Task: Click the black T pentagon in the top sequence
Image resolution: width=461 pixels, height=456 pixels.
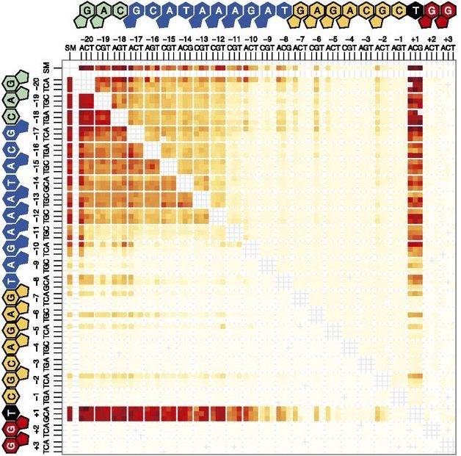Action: tap(416, 12)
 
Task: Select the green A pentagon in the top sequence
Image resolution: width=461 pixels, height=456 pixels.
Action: tap(104, 12)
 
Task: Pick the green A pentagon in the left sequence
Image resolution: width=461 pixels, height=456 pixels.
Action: tap(12, 97)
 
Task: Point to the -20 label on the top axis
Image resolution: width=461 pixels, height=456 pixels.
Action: tap(87, 37)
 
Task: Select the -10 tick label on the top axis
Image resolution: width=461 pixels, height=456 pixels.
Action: tap(251, 37)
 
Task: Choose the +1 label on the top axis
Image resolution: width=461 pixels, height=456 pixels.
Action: tap(415, 37)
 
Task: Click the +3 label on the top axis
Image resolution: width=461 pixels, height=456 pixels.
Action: tap(447, 37)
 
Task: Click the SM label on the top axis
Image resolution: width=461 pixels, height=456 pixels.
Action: tap(70, 47)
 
